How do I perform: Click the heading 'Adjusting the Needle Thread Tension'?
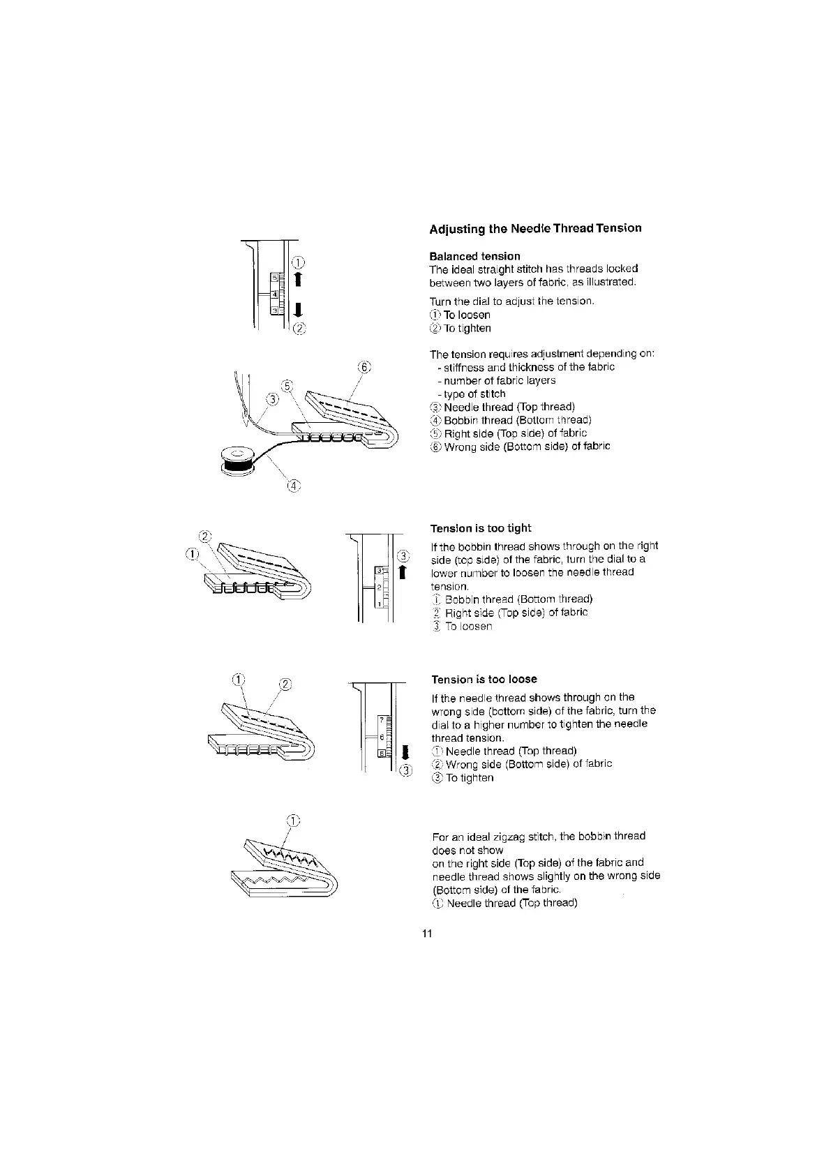[535, 228]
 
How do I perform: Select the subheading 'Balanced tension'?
[474, 256]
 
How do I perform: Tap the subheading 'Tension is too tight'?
[481, 528]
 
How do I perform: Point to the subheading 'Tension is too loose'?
[484, 680]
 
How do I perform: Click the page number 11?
[428, 934]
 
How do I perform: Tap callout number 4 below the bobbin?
[293, 486]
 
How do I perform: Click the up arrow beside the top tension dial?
[298, 279]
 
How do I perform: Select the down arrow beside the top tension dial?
[298, 310]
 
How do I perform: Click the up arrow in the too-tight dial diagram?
[401, 573]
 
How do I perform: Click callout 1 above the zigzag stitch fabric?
[294, 821]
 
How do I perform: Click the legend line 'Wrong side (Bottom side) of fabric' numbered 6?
[527, 447]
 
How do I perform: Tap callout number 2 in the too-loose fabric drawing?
[285, 684]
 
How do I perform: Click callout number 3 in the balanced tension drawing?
[273, 399]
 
